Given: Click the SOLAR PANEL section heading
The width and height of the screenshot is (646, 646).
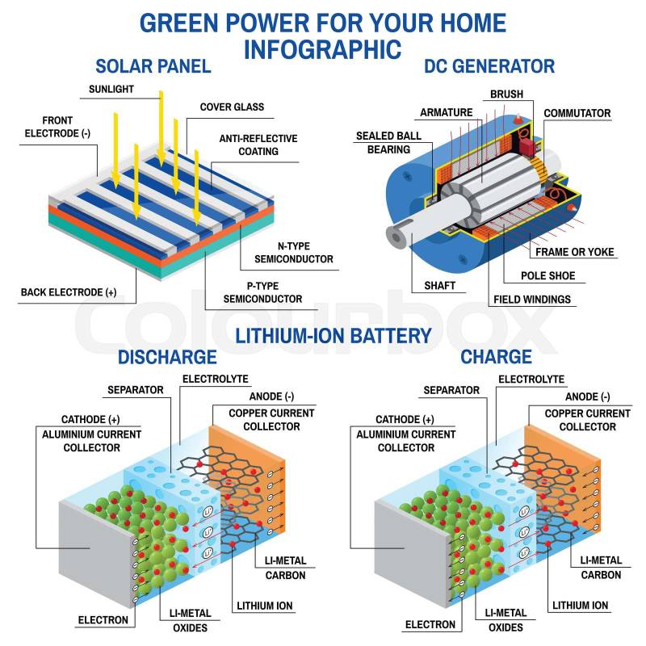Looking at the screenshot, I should (153, 65).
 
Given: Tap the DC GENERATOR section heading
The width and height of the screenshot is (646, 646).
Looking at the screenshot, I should (489, 66).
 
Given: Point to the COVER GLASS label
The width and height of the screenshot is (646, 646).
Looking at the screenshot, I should (232, 107).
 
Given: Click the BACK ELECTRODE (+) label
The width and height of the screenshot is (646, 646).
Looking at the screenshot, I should (68, 292).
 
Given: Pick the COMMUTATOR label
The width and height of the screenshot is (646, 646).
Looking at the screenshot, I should (577, 113).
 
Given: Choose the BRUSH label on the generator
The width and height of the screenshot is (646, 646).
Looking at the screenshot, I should (506, 94).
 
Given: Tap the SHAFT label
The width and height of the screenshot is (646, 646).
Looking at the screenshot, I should (439, 285).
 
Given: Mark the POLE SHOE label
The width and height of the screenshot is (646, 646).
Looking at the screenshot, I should (547, 275).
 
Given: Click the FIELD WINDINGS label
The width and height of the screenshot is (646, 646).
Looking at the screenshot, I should (531, 299).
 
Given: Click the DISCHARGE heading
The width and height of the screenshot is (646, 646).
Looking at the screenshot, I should (167, 356).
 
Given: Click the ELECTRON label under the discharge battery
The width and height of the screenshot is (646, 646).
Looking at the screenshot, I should (103, 620).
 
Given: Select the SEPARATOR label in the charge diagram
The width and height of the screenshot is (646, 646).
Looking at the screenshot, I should (451, 390).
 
